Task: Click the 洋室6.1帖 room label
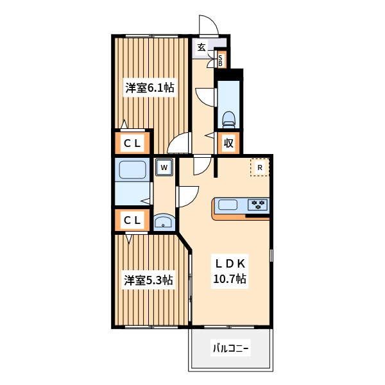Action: point(150,88)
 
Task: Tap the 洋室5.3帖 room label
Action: point(149,280)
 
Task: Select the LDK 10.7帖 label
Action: point(230,271)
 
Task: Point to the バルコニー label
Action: point(230,348)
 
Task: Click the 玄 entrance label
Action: point(201,47)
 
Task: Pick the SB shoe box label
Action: point(220,61)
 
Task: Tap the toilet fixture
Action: point(228,120)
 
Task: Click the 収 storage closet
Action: point(228,143)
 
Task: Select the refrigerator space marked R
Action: point(260,167)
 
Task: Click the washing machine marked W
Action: point(164,167)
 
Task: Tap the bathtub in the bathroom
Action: point(132,169)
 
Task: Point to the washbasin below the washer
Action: point(164,221)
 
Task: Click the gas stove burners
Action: point(257,205)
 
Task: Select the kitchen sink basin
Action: point(228,205)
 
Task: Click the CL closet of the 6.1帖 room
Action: point(132,143)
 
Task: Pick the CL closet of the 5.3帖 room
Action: point(132,220)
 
